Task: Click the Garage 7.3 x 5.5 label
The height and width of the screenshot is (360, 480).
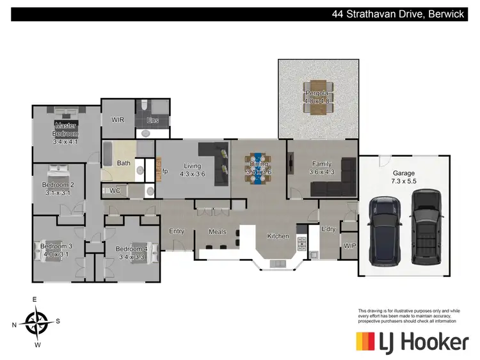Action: point(404,177)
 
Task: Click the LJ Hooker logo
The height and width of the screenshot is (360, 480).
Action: point(412,341)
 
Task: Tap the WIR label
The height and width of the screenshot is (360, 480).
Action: point(118,120)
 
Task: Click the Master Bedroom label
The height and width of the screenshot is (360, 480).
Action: point(66,130)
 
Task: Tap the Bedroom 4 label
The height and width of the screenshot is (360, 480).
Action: point(132,249)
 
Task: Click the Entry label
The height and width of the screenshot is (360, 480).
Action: point(177,231)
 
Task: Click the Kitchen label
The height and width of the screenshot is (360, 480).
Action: point(278,236)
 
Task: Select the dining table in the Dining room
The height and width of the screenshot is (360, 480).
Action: point(259,168)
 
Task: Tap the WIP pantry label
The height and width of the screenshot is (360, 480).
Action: point(349,245)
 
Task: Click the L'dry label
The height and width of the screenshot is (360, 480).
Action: point(329,229)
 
